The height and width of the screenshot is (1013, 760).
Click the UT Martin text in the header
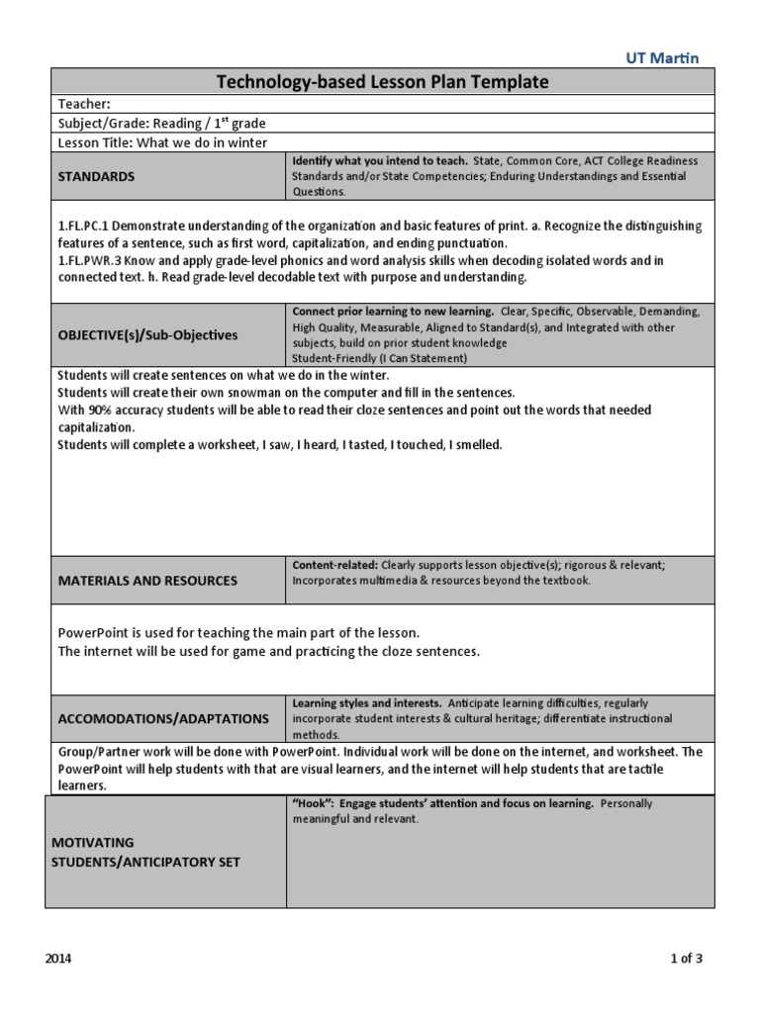pyautogui.click(x=662, y=58)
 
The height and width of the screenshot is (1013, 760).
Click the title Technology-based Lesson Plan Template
pyautogui.click(x=382, y=82)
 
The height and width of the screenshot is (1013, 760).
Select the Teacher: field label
pyautogui.click(x=83, y=103)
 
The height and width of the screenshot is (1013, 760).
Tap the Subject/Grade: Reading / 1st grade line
pyautogui.click(x=161, y=123)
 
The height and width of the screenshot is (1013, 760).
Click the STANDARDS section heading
pyautogui.click(x=97, y=176)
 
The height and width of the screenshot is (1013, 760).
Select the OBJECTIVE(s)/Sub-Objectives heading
pyautogui.click(x=147, y=334)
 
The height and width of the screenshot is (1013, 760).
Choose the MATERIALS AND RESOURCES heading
pyautogui.click(x=147, y=581)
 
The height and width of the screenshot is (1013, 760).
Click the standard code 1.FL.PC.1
pyautogui.click(x=86, y=227)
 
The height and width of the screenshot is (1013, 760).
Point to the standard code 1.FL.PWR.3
pyautogui.click(x=91, y=260)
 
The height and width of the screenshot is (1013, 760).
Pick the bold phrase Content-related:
pyautogui.click(x=334, y=565)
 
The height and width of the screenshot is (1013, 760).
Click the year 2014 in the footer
pyautogui.click(x=58, y=959)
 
